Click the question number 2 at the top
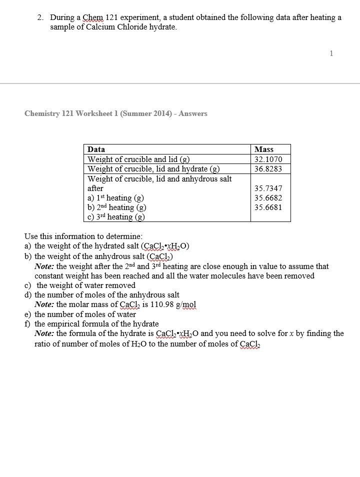click(40, 17)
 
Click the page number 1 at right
click(331, 53)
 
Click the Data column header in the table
click(96, 149)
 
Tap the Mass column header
click(264, 149)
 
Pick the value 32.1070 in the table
click(268, 159)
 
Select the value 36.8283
click(268, 168)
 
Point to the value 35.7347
click(268, 188)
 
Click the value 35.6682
click(268, 198)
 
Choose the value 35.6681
click(268, 207)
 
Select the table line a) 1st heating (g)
click(115, 198)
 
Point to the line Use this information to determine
click(83, 236)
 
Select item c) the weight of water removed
click(80, 285)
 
